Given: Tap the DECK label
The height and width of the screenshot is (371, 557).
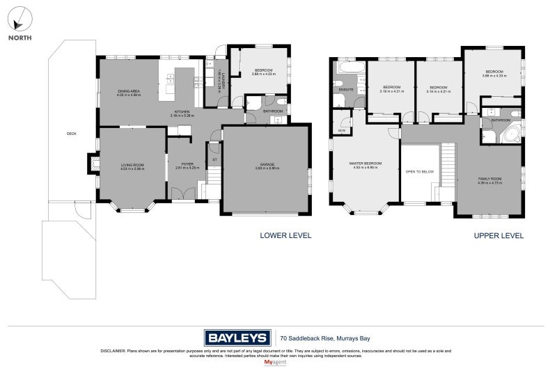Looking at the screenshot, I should (70, 134).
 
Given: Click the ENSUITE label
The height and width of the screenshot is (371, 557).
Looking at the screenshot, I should (346, 90).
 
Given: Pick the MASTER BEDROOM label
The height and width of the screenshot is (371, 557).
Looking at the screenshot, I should (366, 165).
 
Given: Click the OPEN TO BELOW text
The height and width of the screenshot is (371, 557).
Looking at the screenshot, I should (420, 171).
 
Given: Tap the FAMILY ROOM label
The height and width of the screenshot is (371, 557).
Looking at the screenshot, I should (489, 180).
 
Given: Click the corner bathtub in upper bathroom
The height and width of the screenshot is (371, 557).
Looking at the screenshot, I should (510, 134).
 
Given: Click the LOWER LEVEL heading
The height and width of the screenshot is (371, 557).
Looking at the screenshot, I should (285, 236).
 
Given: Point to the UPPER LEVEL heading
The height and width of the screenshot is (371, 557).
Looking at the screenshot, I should (499, 236).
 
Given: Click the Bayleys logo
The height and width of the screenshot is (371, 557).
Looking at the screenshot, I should (237, 338).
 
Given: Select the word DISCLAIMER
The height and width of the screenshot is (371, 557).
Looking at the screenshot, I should (113, 351).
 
